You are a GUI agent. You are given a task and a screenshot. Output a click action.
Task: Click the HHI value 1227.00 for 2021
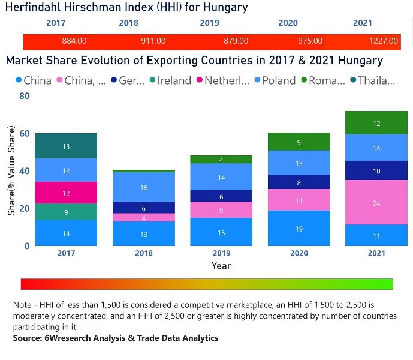click(x=384, y=41)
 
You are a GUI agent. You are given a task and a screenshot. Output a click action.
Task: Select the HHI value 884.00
click(x=74, y=41)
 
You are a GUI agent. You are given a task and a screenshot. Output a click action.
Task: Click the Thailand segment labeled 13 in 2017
click(x=66, y=146)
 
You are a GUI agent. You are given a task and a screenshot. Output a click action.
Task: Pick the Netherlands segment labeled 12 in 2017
click(x=66, y=193)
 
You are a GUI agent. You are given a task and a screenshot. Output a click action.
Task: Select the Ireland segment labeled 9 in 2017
click(x=66, y=212)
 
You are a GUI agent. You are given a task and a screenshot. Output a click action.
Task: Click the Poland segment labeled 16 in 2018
click(x=143, y=187)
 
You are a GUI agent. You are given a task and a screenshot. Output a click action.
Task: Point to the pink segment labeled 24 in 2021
click(x=376, y=203)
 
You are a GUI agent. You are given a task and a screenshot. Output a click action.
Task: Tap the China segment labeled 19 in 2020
click(x=299, y=228)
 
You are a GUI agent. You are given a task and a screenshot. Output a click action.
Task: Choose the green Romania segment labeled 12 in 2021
click(x=376, y=123)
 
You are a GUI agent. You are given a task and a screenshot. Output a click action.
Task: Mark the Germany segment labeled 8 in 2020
click(x=299, y=182)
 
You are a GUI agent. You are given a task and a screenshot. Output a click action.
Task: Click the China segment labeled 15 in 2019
click(x=221, y=232)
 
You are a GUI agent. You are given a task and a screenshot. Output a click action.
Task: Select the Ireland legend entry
click(x=174, y=80)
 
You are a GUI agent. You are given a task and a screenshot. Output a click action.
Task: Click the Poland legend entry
click(x=279, y=80)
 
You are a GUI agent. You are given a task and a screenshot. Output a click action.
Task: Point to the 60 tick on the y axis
click(x=24, y=133)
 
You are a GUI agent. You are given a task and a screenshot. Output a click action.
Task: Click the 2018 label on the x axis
click(x=143, y=253)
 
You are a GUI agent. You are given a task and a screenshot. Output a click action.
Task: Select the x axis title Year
click(x=221, y=265)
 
